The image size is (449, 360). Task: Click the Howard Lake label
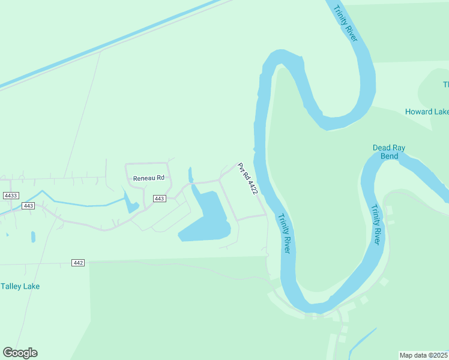[x=427, y=112]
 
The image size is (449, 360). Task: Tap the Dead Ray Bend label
[x=390, y=152]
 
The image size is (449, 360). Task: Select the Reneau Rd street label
[x=148, y=178]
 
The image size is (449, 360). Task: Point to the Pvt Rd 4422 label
[x=247, y=179]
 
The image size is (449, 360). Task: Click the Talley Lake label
[x=20, y=286]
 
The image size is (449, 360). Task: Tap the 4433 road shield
[x=11, y=196]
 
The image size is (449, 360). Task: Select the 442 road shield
[x=77, y=263]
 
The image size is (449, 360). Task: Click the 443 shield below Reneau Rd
[x=159, y=199]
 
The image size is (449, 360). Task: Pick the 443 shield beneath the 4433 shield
[x=28, y=206]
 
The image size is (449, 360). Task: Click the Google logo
[x=20, y=353]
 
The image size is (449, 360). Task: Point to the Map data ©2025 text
[x=424, y=355]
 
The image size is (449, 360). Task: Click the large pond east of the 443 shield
[x=208, y=219]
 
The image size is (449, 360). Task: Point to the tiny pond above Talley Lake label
[x=32, y=236]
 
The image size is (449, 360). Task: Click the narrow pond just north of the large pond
[x=190, y=175]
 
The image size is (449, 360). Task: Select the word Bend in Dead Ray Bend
[x=390, y=156]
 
